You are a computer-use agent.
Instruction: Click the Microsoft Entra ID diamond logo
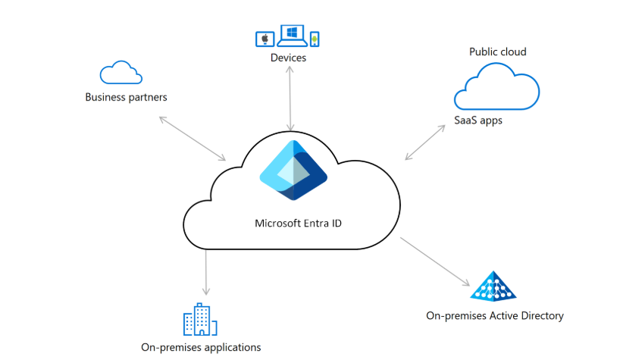[293, 170]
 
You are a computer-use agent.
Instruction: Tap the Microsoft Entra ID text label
[298, 224]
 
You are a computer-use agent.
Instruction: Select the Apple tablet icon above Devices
[265, 39]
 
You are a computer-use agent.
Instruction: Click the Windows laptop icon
[292, 36]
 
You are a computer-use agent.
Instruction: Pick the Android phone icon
[315, 39]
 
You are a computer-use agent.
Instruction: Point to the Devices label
[288, 58]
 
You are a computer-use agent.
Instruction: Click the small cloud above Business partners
[121, 73]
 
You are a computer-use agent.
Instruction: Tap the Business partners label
[126, 97]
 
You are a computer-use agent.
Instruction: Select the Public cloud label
[497, 52]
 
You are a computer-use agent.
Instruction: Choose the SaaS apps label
[478, 121]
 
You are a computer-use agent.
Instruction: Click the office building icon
[200, 320]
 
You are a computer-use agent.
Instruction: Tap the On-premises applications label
[201, 348]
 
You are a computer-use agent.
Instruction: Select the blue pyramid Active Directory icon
[493, 286]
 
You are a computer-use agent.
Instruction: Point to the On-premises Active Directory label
[495, 316]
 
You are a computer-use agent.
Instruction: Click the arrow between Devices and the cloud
[290, 98]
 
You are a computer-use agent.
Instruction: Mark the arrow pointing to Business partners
[193, 138]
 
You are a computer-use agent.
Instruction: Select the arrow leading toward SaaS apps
[425, 142]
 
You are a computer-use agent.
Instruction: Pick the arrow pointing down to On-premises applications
[206, 272]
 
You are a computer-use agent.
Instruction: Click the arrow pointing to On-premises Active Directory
[435, 261]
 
